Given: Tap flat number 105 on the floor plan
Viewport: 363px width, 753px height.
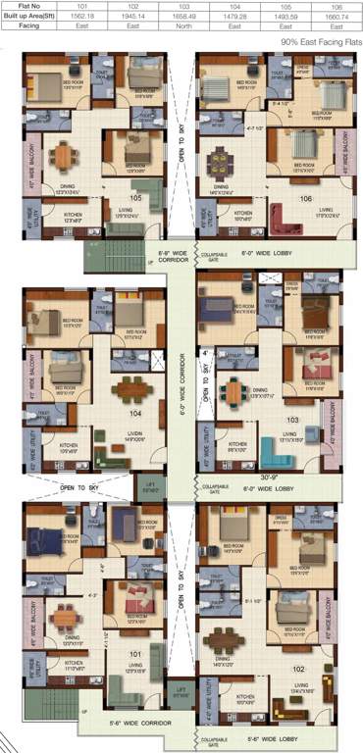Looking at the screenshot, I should point(134,197).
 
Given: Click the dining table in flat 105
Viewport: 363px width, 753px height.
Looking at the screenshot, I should point(64,156).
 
